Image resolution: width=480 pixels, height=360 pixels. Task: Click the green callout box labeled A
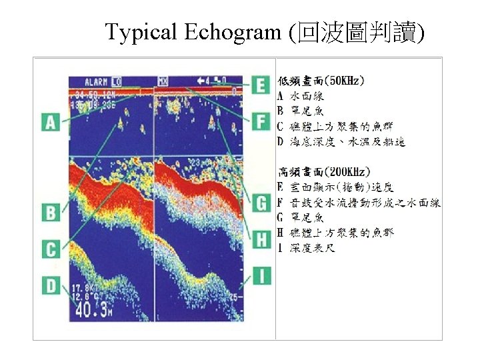coord(51,122)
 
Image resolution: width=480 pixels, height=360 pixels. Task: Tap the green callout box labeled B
coord(51,213)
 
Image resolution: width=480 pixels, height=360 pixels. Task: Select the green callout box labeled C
coord(51,249)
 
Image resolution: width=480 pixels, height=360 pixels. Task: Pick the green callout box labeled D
coord(51,285)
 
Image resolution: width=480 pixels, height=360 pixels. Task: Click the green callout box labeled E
coord(261,85)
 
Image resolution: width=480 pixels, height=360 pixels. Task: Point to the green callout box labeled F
coord(261,121)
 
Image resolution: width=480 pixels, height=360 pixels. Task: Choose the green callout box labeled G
coord(261,201)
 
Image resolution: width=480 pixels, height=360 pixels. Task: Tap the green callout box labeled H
coord(261,237)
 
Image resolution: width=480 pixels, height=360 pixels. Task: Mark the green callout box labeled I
coord(261,274)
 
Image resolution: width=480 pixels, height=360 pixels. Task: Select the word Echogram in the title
coord(231,31)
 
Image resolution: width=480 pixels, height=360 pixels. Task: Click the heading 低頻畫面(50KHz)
coord(321,81)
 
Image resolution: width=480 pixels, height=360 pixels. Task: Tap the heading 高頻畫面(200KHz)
coord(323,171)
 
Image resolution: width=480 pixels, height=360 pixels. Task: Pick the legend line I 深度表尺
coord(306,248)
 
